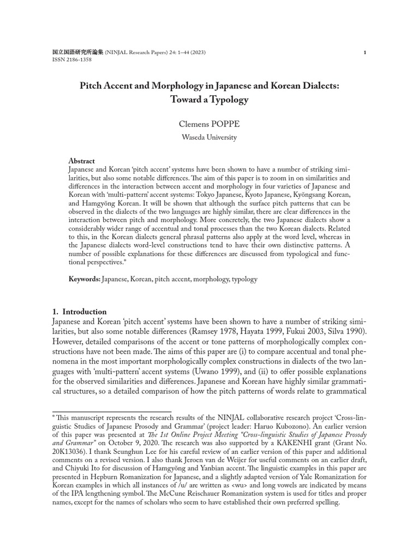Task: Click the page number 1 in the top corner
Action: pos(364,52)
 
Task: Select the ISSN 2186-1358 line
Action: pos(71,60)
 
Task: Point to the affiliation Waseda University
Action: pos(209,137)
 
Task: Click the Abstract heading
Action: pos(81,161)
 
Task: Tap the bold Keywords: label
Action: pos(84,279)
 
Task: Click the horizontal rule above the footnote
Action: pos(112,412)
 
